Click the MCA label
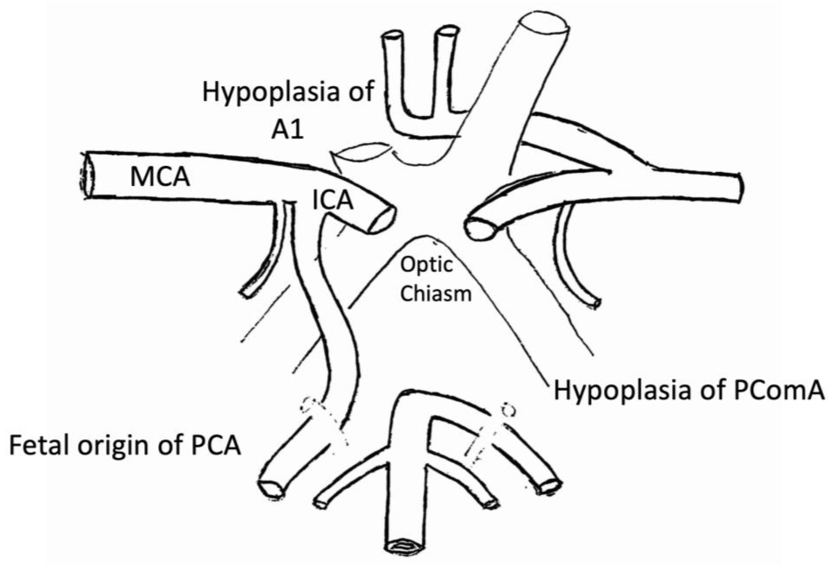(x=160, y=177)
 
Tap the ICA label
(x=332, y=201)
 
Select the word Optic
(x=426, y=265)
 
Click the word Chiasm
(x=435, y=293)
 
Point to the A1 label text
(x=287, y=130)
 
